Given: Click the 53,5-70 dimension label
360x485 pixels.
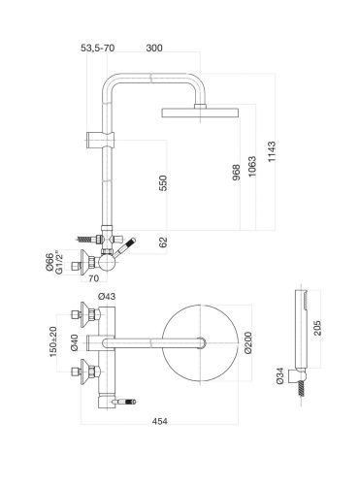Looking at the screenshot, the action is coord(97,48).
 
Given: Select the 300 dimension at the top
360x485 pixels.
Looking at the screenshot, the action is coord(154,48).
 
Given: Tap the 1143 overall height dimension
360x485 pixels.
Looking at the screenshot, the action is coord(272,151).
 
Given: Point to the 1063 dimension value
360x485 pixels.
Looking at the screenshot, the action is coord(252,167).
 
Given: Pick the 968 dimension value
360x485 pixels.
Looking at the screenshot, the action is coord(237,173).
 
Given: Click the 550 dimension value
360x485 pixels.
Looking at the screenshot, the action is coord(163,183).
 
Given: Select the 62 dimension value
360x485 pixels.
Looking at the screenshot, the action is coord(163,242).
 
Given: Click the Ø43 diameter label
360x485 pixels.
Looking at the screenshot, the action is coord(107,296).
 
